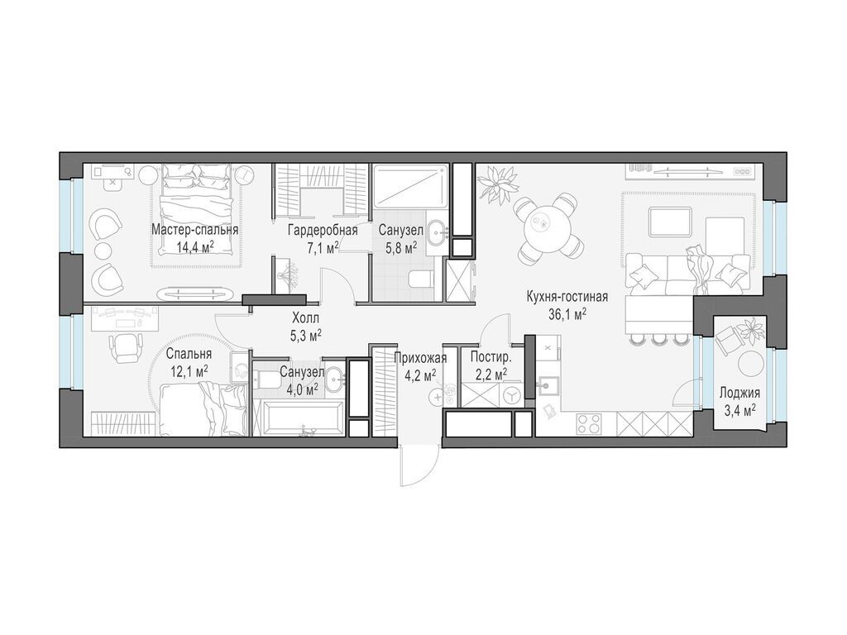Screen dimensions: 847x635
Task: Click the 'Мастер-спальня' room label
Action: coord(194,230)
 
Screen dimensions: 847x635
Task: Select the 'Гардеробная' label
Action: coord(323,231)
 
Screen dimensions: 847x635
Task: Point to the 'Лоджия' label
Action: coord(739,393)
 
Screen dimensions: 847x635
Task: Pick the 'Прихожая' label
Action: coord(420,357)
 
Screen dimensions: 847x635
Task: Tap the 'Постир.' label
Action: coord(490,357)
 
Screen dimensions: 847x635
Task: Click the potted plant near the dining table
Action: coord(496,184)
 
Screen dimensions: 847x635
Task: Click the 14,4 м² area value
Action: coord(195,247)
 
